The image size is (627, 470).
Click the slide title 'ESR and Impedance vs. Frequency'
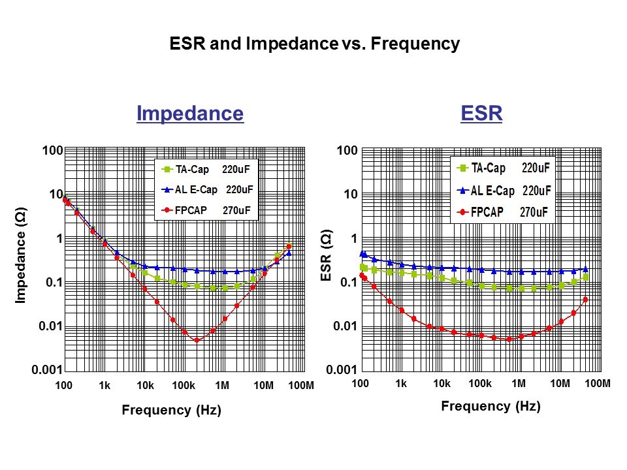314,44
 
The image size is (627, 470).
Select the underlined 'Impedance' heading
190,114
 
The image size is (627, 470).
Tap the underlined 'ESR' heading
481,114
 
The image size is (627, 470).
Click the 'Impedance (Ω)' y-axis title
21,260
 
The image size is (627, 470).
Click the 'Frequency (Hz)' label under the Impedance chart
171,411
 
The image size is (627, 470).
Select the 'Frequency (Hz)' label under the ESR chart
490,406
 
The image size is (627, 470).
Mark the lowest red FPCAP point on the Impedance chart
197,340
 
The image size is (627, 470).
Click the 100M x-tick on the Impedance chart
301,386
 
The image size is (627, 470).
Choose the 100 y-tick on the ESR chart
347,151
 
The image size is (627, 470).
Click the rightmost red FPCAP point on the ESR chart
585,300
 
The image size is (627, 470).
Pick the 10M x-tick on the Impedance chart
263,386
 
